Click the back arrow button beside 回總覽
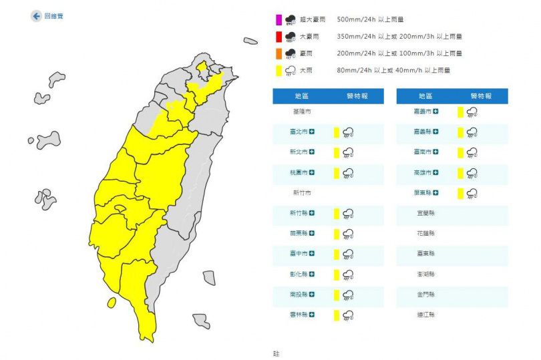tap(36, 16)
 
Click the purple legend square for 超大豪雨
tap(279, 20)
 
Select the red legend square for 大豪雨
tap(279, 37)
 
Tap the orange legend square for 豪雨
tap(279, 53)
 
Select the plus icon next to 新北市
tap(311, 153)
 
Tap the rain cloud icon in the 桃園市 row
tap(347, 174)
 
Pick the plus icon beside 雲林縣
tap(311, 315)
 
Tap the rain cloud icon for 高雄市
tap(472, 174)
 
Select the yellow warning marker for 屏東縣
tap(461, 194)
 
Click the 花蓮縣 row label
tap(426, 234)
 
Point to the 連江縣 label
tap(426, 315)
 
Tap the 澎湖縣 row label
tap(426, 275)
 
